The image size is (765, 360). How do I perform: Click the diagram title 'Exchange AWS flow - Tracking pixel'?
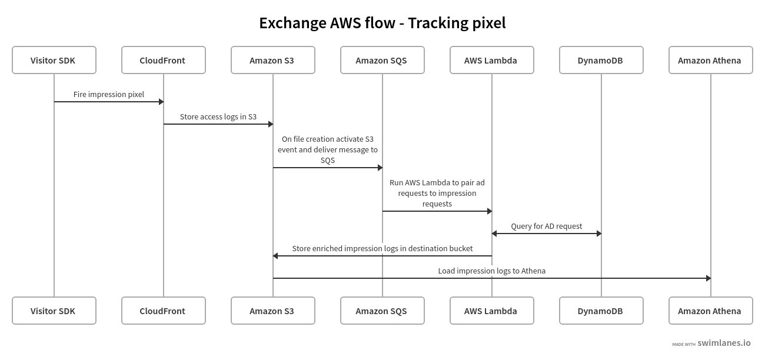382,23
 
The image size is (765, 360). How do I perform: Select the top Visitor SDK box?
54,60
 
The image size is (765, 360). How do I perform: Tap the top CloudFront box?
163,60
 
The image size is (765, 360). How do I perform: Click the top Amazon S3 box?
272,60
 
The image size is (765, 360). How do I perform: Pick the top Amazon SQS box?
382,60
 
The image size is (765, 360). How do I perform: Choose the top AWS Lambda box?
491,60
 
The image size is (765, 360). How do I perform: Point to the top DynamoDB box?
601,60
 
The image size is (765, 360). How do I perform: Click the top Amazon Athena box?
710,60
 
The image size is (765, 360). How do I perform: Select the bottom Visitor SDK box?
54,311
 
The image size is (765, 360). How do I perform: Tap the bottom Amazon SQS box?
382,311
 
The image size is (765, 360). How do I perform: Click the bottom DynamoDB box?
601,311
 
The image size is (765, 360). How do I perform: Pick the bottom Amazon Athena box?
710,311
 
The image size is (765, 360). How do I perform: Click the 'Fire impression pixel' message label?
109,94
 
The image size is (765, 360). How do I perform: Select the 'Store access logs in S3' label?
218,116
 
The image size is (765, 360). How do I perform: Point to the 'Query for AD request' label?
546,226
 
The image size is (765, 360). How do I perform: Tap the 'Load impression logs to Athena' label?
491,271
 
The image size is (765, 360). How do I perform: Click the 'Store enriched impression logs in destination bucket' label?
382,248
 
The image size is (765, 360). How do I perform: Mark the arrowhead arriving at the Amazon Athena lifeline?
708,278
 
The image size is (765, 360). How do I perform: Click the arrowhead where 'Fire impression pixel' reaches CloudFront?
161,102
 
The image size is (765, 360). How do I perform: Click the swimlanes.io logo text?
724,343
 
